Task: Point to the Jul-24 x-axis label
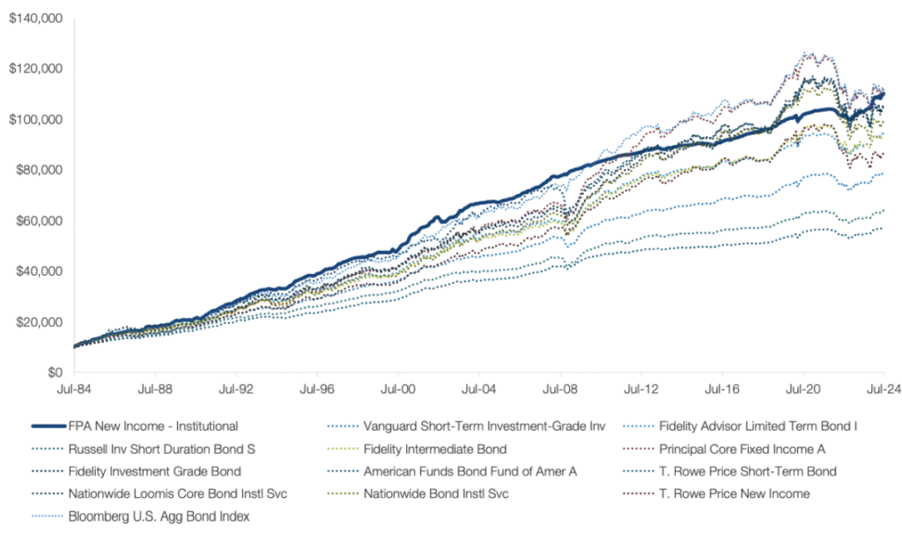[883, 387]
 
